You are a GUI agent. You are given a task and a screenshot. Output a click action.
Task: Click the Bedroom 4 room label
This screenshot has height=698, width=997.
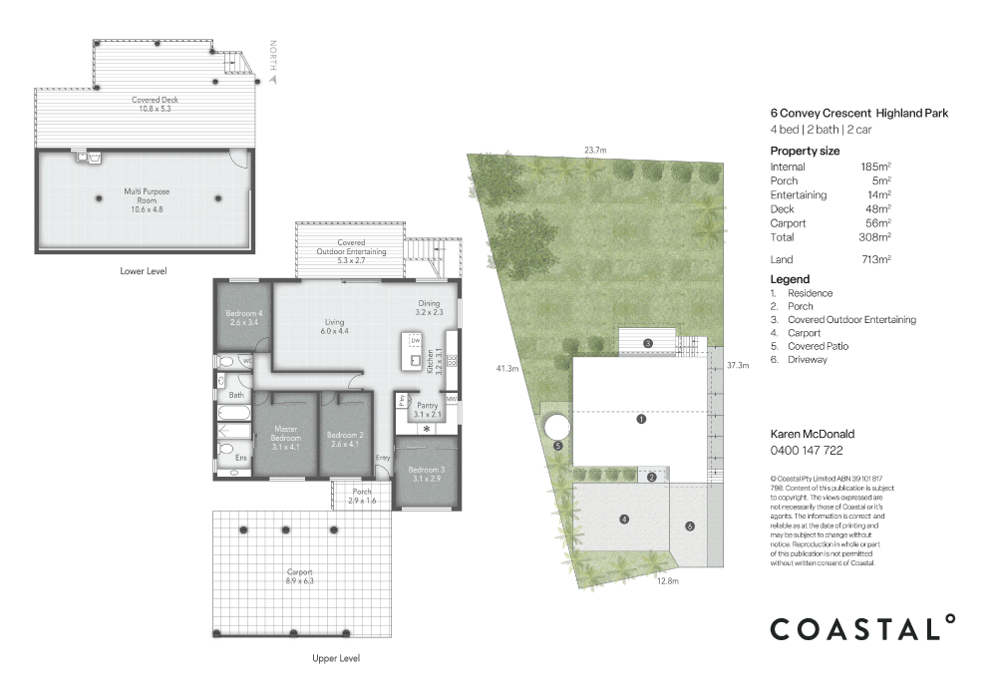(x=244, y=318)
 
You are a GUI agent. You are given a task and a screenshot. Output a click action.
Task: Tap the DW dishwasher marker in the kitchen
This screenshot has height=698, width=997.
(x=415, y=340)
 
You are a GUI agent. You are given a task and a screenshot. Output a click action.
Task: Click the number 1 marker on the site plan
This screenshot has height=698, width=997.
(x=641, y=419)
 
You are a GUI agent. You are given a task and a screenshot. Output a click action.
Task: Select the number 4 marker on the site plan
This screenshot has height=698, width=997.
(x=624, y=519)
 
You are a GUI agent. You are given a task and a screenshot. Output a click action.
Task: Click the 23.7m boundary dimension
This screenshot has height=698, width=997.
(x=596, y=151)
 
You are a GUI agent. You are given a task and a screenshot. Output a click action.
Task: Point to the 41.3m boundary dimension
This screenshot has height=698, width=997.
(x=507, y=369)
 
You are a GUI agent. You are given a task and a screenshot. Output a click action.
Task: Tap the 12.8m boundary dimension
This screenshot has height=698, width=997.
(x=667, y=580)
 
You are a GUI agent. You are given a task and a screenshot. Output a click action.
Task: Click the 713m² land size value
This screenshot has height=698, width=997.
(x=875, y=259)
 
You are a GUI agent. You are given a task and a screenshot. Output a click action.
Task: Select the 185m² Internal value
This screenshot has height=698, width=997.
(x=875, y=168)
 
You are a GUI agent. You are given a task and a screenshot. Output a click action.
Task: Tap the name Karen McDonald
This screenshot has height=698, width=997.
(x=813, y=435)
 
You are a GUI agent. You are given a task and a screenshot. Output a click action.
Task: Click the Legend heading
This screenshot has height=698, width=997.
(x=790, y=279)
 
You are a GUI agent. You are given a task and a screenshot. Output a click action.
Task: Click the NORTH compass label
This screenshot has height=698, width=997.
(x=273, y=57)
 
